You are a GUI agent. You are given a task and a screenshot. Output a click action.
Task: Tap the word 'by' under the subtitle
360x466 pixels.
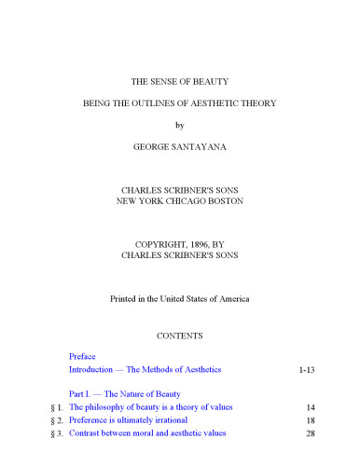point(180,123)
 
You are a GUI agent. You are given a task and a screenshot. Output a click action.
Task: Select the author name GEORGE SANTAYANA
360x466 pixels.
point(180,146)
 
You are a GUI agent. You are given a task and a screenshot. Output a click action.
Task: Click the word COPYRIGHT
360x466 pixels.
point(156,244)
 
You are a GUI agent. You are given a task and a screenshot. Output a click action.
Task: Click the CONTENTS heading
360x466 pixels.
point(180,333)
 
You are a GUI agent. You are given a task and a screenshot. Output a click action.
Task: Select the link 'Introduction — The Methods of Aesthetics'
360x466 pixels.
point(145,370)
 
